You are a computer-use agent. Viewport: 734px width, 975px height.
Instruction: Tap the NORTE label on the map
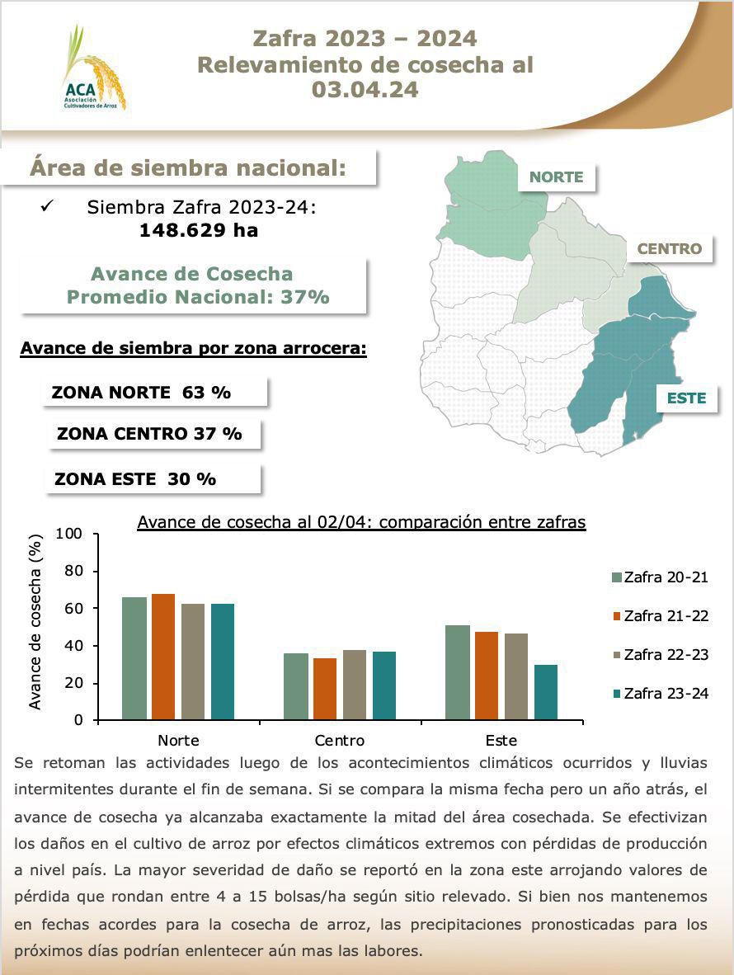pyautogui.click(x=556, y=177)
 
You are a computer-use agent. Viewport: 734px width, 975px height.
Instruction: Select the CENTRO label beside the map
pyautogui.click(x=669, y=248)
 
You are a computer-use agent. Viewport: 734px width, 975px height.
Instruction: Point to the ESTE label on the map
pyautogui.click(x=686, y=398)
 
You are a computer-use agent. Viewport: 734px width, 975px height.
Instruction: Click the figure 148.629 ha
pyautogui.click(x=198, y=231)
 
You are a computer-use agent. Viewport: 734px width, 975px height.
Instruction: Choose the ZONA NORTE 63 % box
pyautogui.click(x=155, y=393)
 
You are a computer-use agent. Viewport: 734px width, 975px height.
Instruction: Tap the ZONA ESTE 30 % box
pyautogui.click(x=154, y=478)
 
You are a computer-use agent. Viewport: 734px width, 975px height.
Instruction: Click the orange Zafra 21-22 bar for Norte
pyautogui.click(x=163, y=657)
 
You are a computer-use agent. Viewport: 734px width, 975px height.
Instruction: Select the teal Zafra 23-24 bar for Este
pyautogui.click(x=546, y=692)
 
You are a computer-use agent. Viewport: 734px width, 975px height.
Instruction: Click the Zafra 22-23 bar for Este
pyautogui.click(x=516, y=676)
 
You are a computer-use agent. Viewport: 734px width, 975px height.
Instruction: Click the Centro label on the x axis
pyautogui.click(x=339, y=740)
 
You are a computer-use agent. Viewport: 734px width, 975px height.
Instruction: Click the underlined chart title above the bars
pyautogui.click(x=361, y=522)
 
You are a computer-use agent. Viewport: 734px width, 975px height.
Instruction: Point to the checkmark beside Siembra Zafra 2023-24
pyautogui.click(x=47, y=207)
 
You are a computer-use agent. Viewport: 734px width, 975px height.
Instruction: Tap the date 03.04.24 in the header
pyautogui.click(x=365, y=90)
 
